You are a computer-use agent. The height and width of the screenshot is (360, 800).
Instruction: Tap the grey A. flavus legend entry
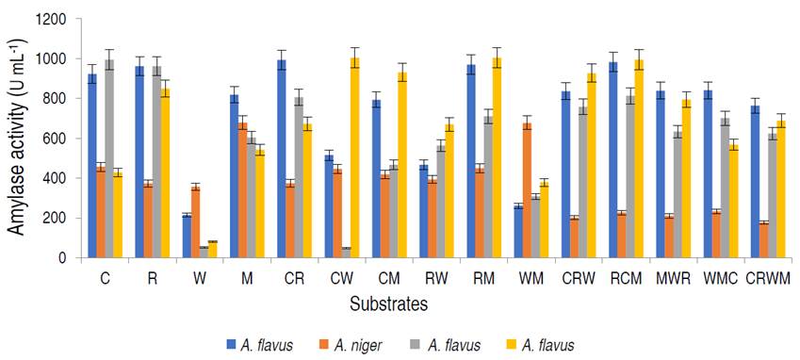click(453, 346)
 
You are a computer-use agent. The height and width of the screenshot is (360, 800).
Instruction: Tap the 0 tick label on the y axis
click(63, 257)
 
